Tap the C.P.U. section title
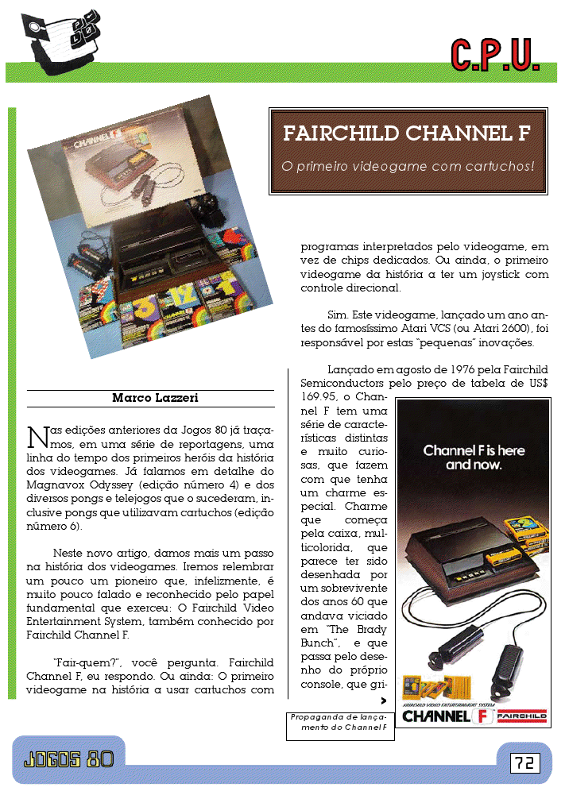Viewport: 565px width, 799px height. tap(495, 54)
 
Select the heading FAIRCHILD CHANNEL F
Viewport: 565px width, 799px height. tap(407, 133)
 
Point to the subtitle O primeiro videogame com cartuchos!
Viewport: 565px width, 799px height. tap(408, 167)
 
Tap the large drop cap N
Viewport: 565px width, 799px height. tap(36, 437)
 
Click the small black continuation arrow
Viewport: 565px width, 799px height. tap(385, 701)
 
